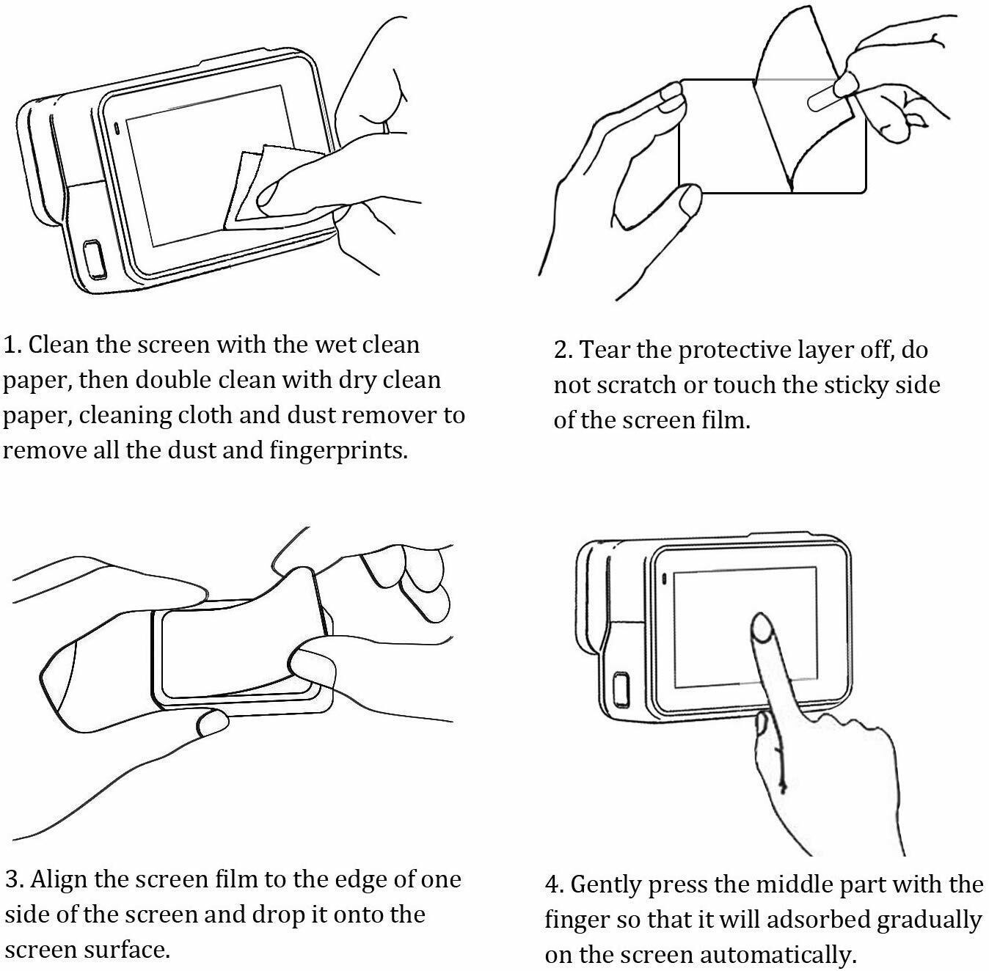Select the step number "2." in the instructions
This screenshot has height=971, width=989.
click(x=563, y=351)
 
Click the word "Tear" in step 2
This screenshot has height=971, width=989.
click(x=606, y=351)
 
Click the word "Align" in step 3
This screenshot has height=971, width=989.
click(x=60, y=879)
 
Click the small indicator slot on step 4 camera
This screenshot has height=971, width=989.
click(x=665, y=579)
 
